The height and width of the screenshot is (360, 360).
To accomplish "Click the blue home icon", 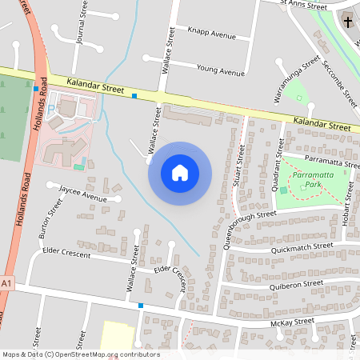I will pyautogui.click(x=180, y=173).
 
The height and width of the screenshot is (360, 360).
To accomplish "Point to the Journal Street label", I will pyautogui.click(x=80, y=26).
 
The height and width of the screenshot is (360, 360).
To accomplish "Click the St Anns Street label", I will pyautogui.click(x=304, y=6).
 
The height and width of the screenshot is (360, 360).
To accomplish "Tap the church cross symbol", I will pyautogui.click(x=348, y=22).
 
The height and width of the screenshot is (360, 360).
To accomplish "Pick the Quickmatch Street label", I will pyautogui.click(x=301, y=247).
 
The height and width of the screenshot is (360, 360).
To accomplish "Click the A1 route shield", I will pyautogui.click(x=6, y=284).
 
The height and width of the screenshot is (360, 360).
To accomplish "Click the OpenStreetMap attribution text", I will pyautogui.click(x=80, y=354).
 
